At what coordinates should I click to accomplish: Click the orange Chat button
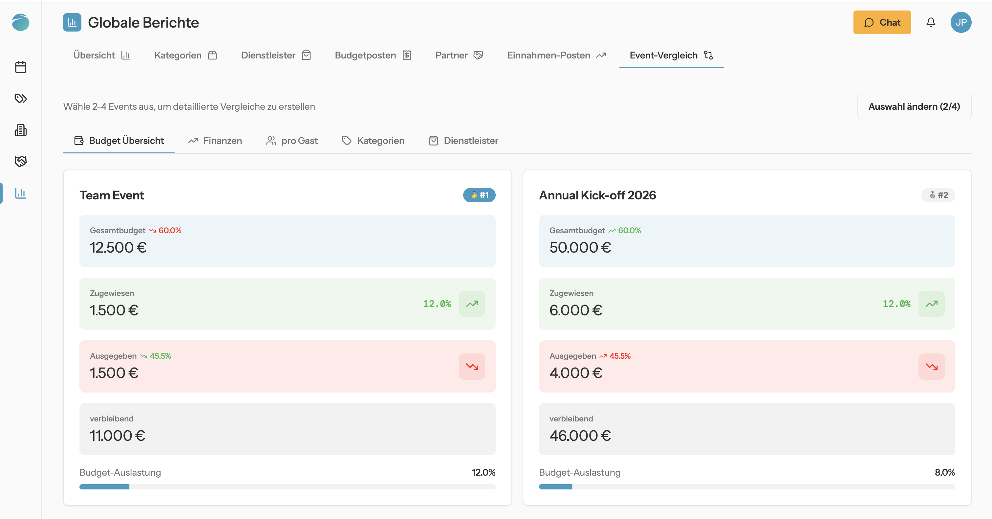coord(882,22)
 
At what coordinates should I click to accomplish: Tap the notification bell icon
coord(931,22)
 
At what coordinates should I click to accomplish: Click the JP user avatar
coord(961,22)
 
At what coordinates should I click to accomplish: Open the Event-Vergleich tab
coord(671,55)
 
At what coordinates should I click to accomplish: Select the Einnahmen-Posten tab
coord(556,55)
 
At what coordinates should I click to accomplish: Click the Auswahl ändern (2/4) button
coord(914,106)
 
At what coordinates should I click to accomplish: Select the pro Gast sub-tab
coord(292,141)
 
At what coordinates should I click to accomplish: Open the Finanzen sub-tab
coord(215,141)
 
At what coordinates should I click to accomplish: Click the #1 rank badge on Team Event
coord(479,195)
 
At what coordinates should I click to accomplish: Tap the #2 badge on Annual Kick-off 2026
coord(938,195)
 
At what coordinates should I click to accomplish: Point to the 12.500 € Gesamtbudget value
coord(118,247)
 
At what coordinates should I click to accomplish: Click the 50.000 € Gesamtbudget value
coord(580,247)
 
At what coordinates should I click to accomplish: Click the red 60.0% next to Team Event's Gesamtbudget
coord(170,230)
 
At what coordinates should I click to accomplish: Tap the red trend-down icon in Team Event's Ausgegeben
coord(472,367)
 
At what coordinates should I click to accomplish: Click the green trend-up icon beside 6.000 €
coord(931,304)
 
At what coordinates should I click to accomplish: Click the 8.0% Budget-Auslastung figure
coord(945,472)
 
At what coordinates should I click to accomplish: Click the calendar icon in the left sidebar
coord(20,67)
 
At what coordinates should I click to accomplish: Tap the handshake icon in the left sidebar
coord(20,161)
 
